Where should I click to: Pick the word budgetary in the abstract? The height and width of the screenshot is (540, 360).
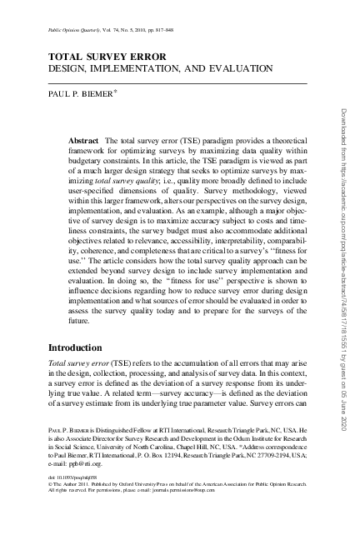tap(87, 166)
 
